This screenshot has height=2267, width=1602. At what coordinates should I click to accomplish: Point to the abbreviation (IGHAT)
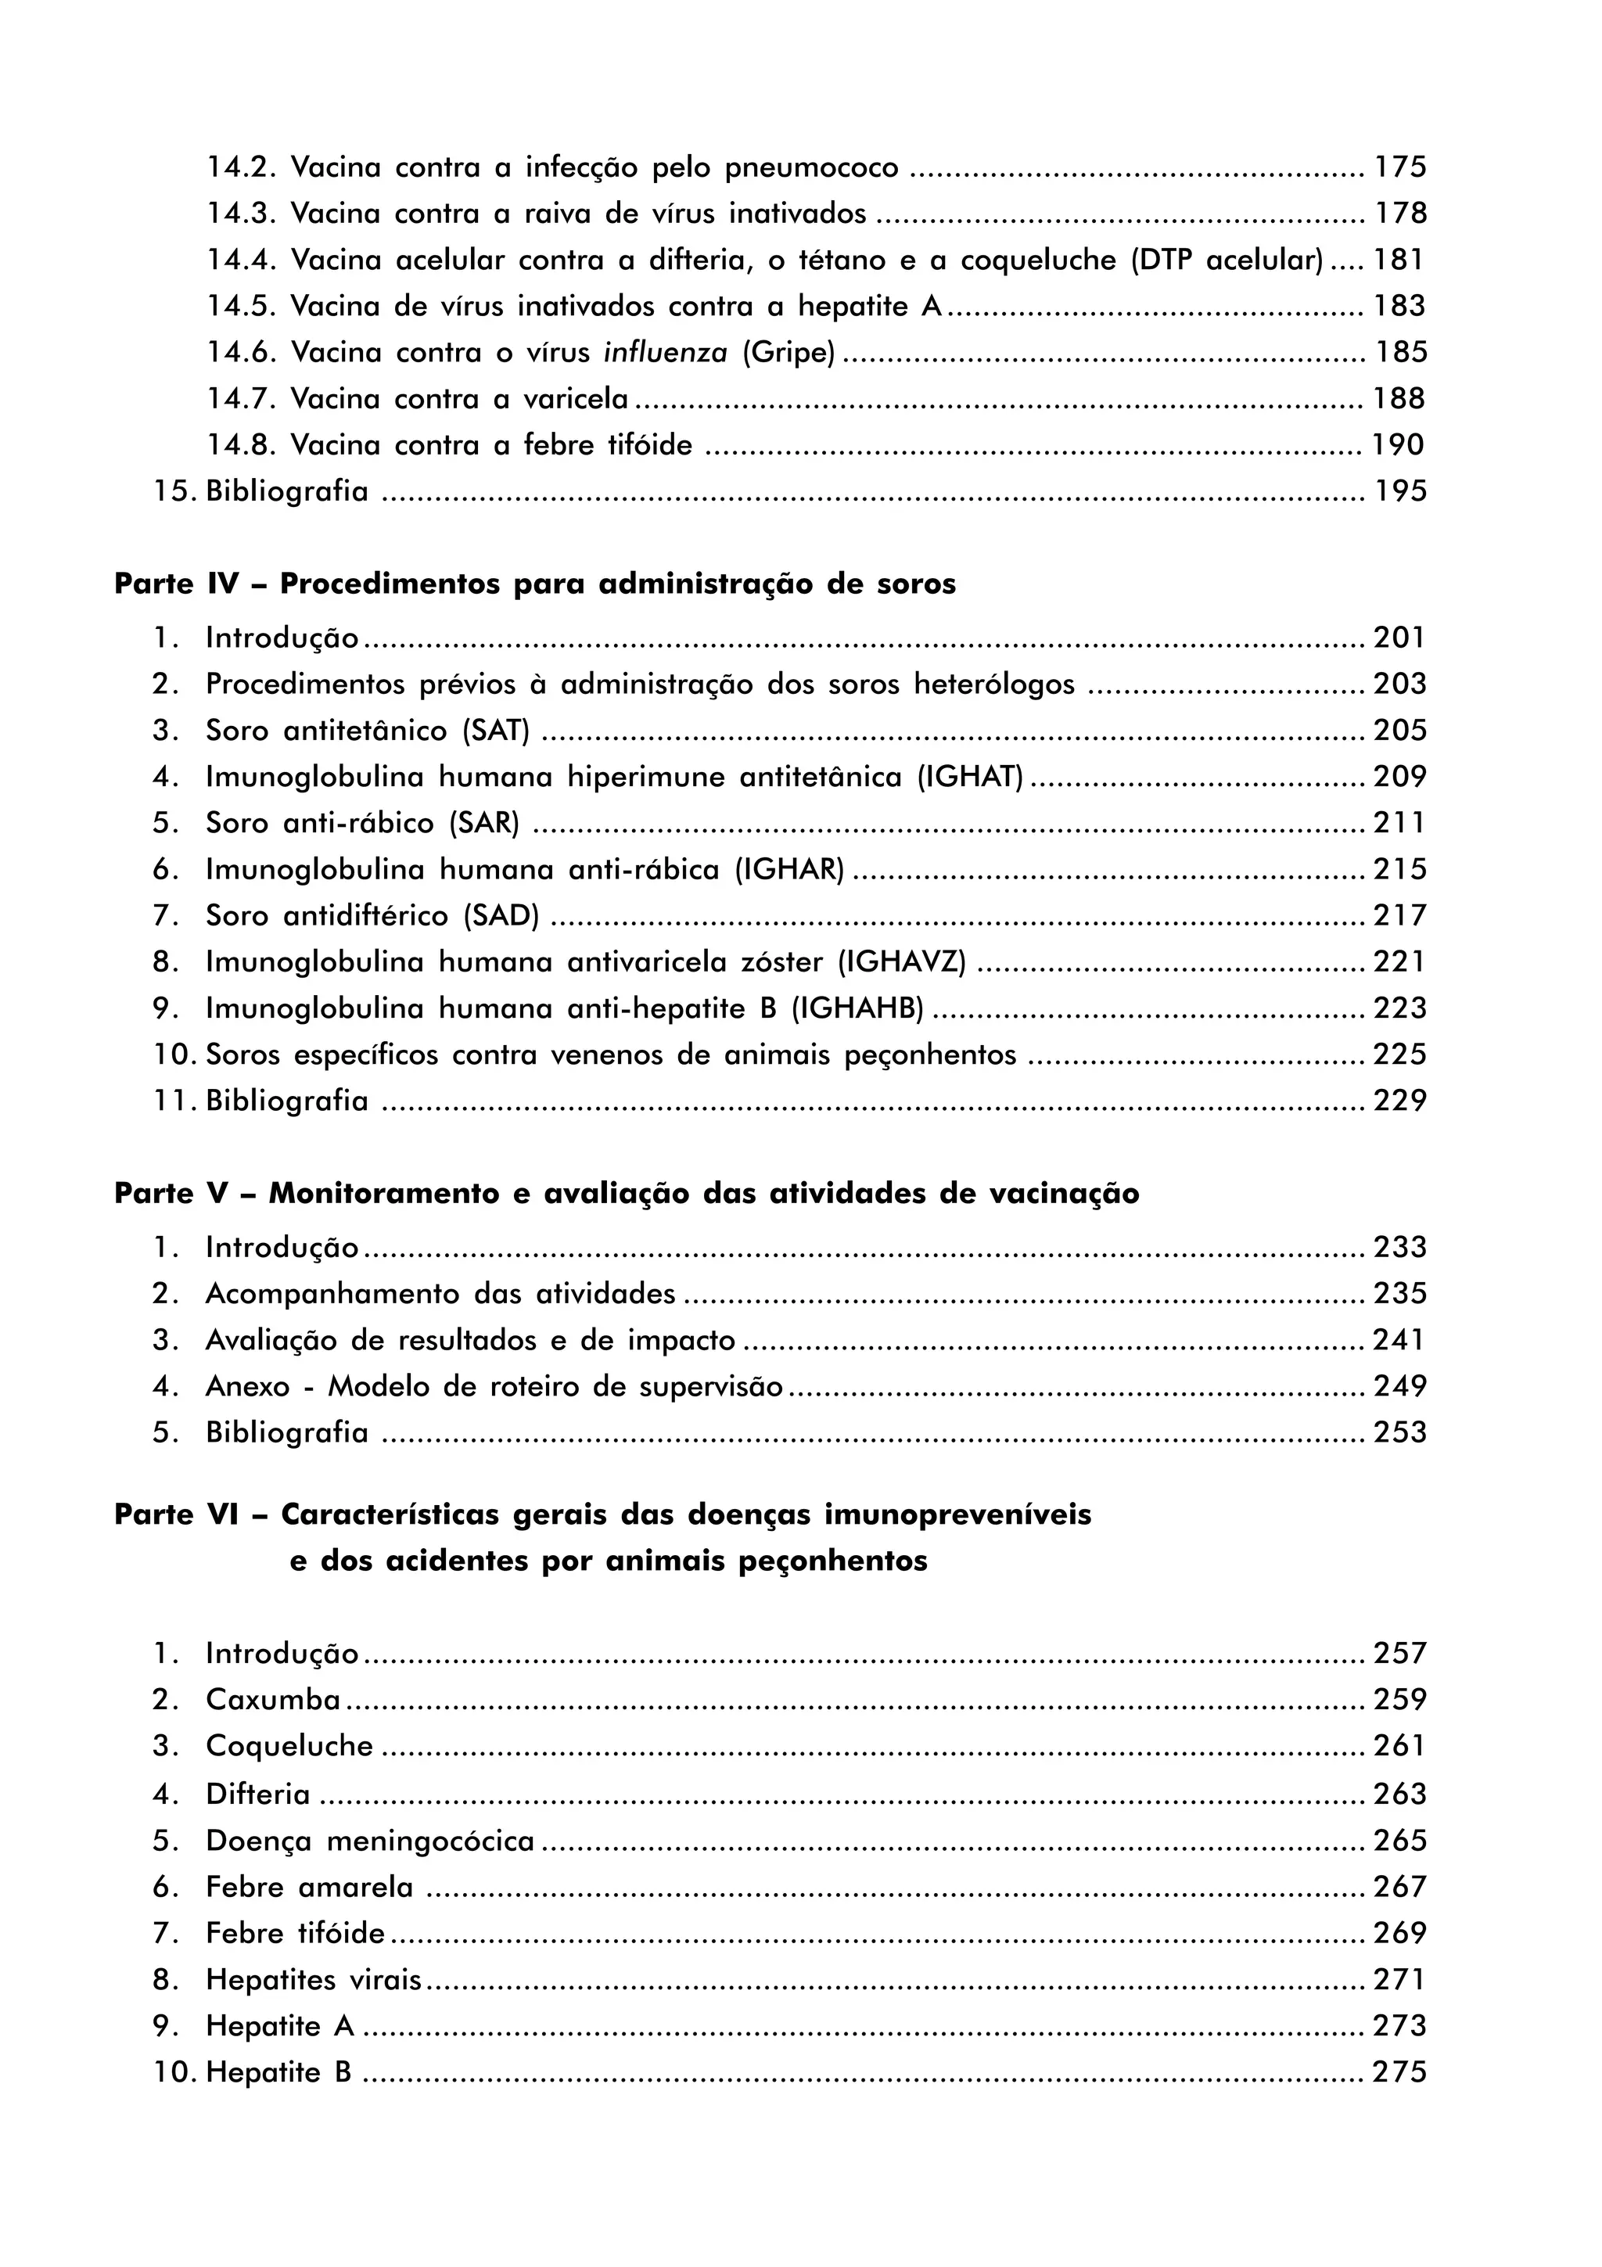(969, 777)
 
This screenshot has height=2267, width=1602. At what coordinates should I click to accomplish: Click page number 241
(1399, 1340)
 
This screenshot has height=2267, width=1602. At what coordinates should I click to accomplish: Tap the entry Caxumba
(272, 1699)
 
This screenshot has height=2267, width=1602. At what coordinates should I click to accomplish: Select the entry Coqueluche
(289, 1746)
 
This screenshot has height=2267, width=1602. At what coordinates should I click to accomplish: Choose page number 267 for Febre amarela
(1399, 1887)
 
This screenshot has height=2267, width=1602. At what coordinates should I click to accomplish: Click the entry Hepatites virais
(313, 1980)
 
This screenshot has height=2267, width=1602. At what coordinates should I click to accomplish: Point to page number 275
(1399, 2072)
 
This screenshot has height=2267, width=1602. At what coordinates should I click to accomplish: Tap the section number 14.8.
(241, 445)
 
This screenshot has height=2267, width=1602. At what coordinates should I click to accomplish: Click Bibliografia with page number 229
(286, 1100)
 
